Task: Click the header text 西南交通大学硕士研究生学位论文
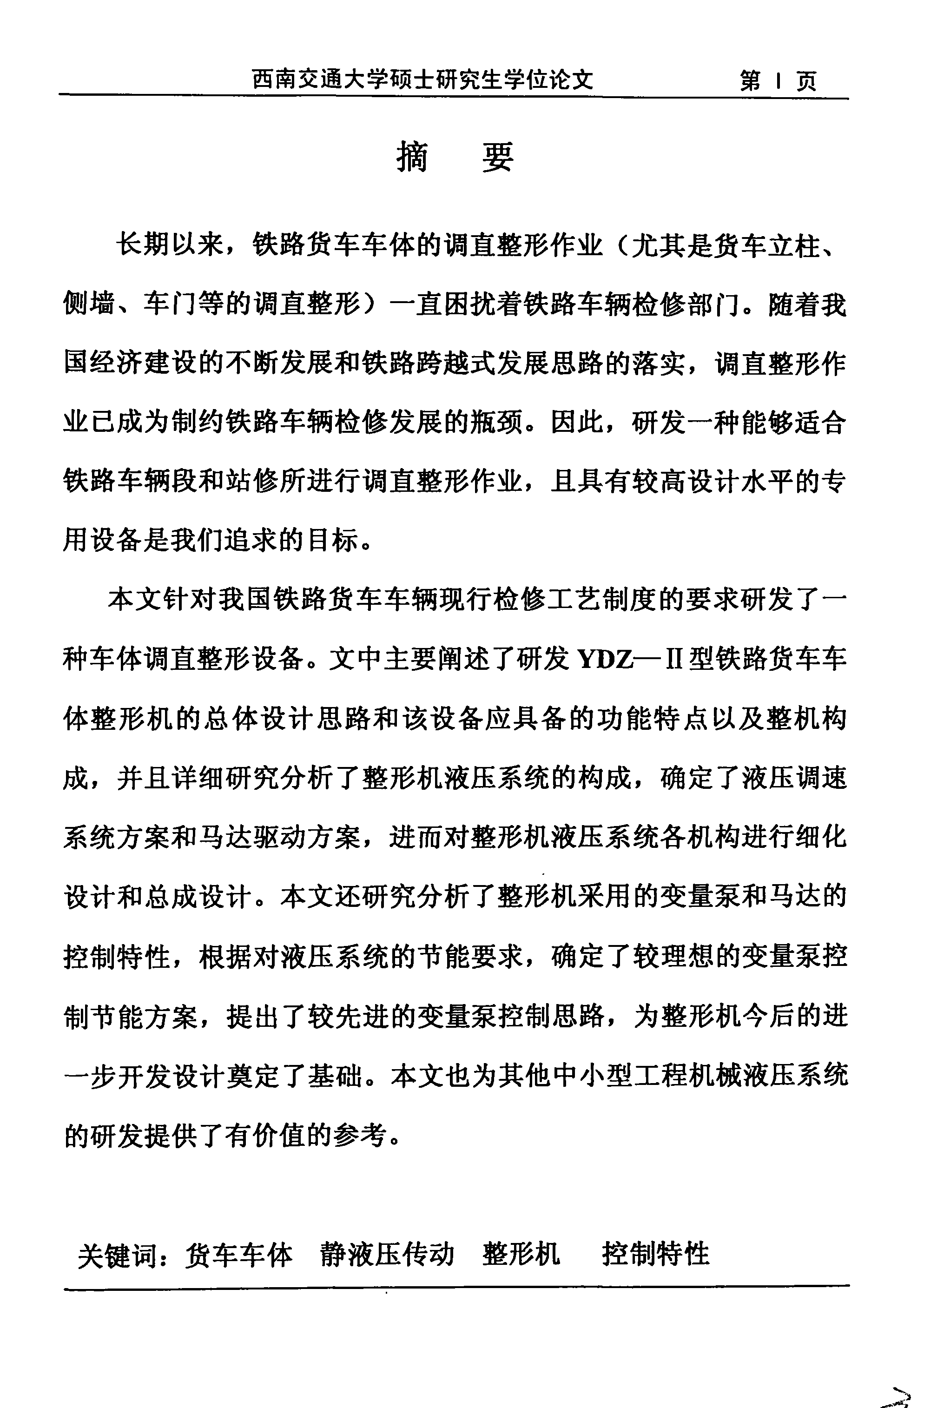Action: [422, 79]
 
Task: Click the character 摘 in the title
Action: [412, 157]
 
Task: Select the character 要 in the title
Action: [498, 157]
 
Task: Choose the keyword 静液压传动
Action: [387, 1254]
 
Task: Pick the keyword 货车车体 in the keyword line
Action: [238, 1255]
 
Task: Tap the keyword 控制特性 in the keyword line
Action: [655, 1253]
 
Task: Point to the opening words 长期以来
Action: [169, 245]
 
